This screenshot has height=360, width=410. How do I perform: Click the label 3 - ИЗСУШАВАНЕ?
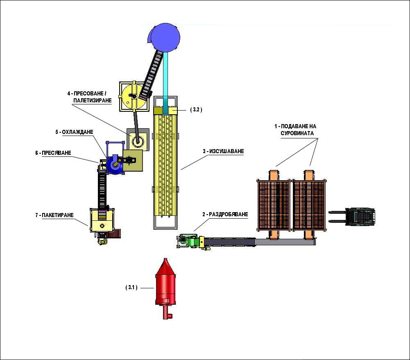[223, 152]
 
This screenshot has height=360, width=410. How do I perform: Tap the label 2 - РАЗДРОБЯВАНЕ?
[225, 214]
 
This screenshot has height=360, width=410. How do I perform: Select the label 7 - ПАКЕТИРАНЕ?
[54, 215]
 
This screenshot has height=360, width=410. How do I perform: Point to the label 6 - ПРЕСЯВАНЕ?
[53, 153]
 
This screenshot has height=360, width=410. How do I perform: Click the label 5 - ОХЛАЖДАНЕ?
[74, 132]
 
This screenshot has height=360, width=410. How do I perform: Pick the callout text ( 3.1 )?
[131, 288]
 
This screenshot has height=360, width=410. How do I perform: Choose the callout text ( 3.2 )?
[196, 110]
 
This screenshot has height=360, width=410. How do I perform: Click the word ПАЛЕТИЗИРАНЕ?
[93, 100]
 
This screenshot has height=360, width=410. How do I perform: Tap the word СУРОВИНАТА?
[297, 134]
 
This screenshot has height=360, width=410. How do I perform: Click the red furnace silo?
[165, 288]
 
